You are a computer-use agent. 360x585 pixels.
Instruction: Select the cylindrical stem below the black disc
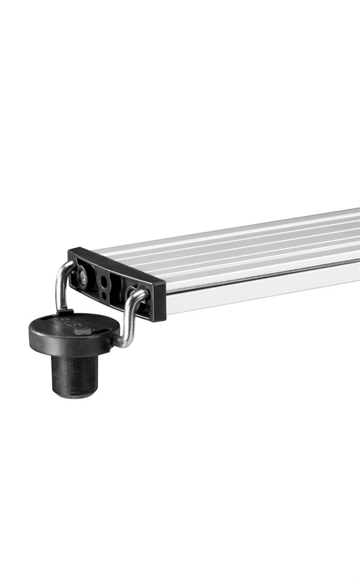[74, 374]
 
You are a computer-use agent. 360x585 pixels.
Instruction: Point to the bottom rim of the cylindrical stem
[74, 394]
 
